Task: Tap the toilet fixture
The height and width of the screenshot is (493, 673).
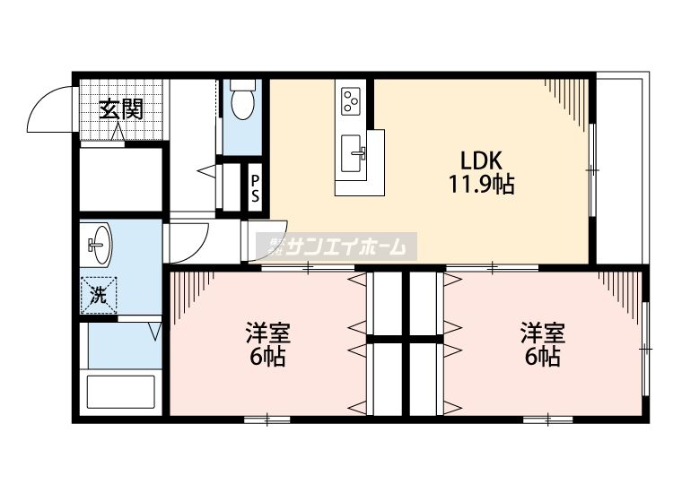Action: [x=242, y=102]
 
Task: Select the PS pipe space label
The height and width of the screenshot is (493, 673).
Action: [x=255, y=189]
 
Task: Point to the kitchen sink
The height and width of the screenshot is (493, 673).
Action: [x=359, y=152]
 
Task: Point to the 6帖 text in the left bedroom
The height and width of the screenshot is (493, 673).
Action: [x=267, y=357]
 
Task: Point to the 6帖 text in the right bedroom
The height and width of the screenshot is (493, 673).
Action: [x=543, y=357]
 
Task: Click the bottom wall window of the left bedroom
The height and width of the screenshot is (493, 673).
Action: [x=259, y=419]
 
